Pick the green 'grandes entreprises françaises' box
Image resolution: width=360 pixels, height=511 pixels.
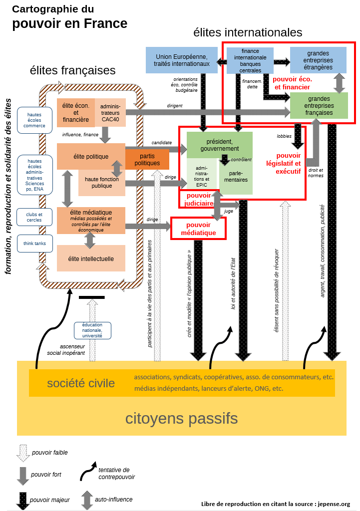[x=319, y=105]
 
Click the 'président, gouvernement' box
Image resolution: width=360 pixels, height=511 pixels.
[x=219, y=145]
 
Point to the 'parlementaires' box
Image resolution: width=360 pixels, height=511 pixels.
[x=235, y=176]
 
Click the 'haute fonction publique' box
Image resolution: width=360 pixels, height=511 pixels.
[x=102, y=183]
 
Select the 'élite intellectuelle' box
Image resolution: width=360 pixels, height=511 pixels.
[x=91, y=258]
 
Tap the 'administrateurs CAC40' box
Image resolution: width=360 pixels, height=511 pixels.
[x=110, y=113]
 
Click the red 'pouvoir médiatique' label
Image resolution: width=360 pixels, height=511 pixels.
[x=198, y=228]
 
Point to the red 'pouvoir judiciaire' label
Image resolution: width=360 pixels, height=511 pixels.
[x=197, y=199]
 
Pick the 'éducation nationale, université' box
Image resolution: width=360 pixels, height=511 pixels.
[x=92, y=330]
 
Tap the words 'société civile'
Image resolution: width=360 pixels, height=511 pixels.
[x=81, y=383]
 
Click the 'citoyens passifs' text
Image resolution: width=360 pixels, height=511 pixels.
[x=181, y=418]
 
